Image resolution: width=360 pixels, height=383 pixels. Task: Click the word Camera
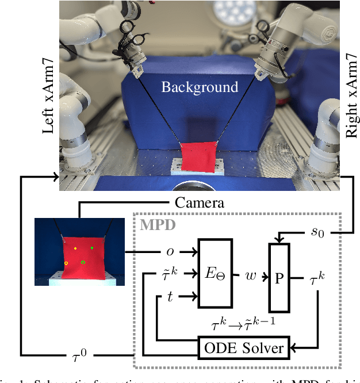click(200, 203)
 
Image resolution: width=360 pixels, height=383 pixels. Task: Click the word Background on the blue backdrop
click(200, 87)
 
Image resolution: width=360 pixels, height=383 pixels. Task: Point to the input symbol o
click(170, 251)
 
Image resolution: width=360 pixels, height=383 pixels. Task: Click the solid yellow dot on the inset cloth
click(75, 248)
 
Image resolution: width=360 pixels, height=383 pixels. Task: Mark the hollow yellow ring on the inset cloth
click(66, 263)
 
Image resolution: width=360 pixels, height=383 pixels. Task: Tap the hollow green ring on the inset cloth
click(83, 262)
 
